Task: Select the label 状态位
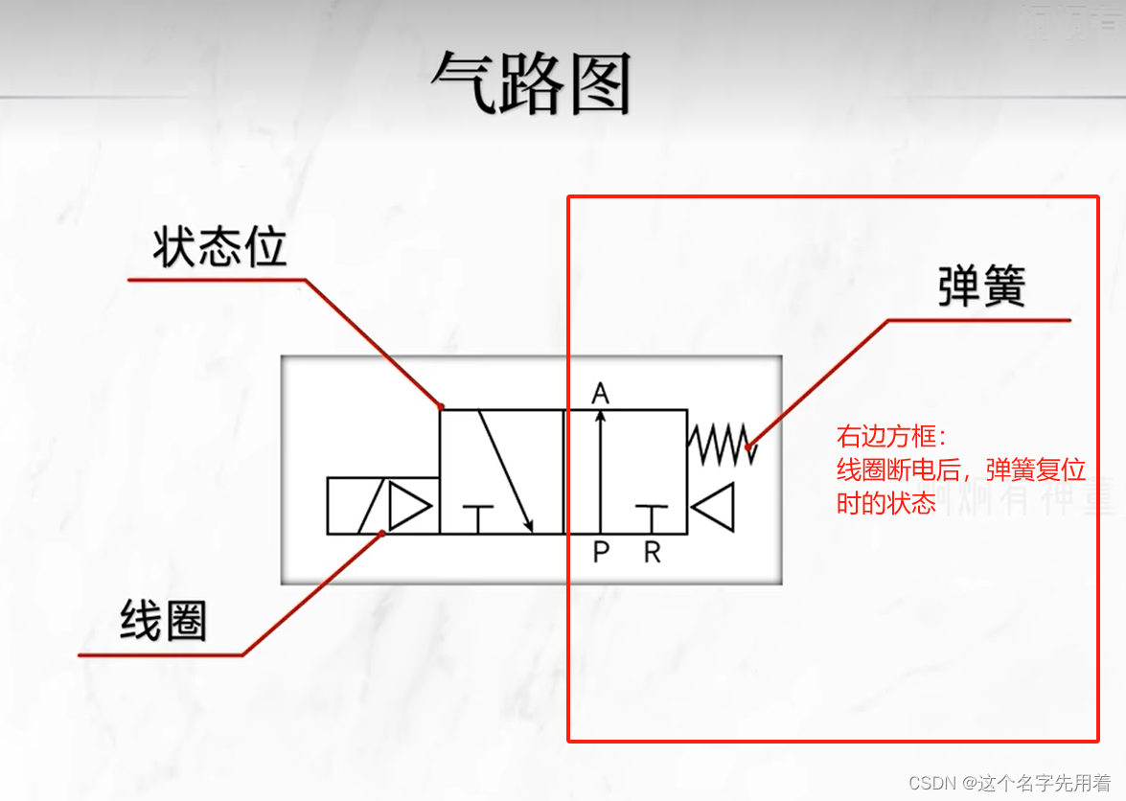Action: pyautogui.click(x=219, y=249)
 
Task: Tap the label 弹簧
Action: pyautogui.click(x=980, y=286)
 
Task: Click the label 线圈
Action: pyautogui.click(x=163, y=621)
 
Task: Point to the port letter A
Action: pyautogui.click(x=601, y=393)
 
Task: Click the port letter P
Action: pyautogui.click(x=601, y=552)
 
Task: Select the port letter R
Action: pyautogui.click(x=652, y=552)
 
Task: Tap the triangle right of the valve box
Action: pyautogui.click(x=713, y=507)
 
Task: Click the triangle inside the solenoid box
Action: pyautogui.click(x=409, y=507)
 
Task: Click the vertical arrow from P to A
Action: pyautogui.click(x=601, y=469)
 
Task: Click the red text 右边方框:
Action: pyautogui.click(x=891, y=438)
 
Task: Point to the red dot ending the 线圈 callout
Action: pyautogui.click(x=383, y=533)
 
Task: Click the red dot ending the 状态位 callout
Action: pyautogui.click(x=441, y=406)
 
